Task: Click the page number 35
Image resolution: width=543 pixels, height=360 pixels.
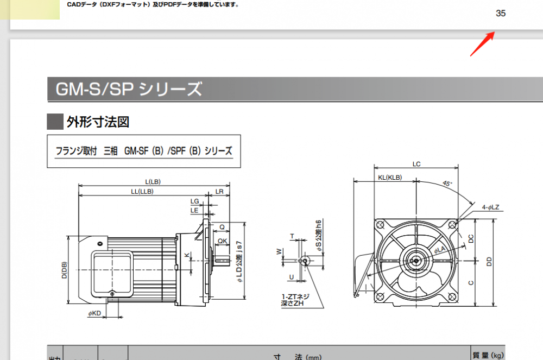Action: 501,14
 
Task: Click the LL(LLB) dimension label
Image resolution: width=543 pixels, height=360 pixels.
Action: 142,192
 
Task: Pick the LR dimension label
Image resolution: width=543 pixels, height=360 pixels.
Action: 219,192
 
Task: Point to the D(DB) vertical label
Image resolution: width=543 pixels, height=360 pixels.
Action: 64,269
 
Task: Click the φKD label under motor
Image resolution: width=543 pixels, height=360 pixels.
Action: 94,313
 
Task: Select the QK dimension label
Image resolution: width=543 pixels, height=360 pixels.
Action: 223,241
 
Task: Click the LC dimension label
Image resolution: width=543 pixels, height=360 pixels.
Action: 416,164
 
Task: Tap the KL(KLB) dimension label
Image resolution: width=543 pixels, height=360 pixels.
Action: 389,178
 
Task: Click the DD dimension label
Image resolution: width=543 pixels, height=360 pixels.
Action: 489,262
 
